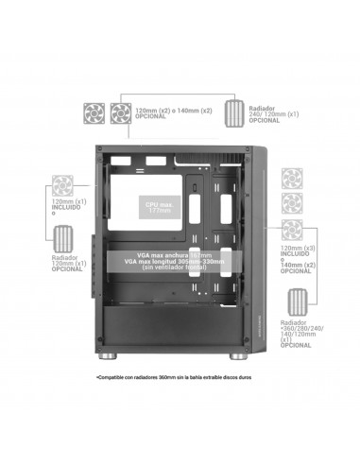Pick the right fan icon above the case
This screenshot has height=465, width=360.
(120, 112)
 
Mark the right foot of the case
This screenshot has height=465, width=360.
(236, 358)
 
